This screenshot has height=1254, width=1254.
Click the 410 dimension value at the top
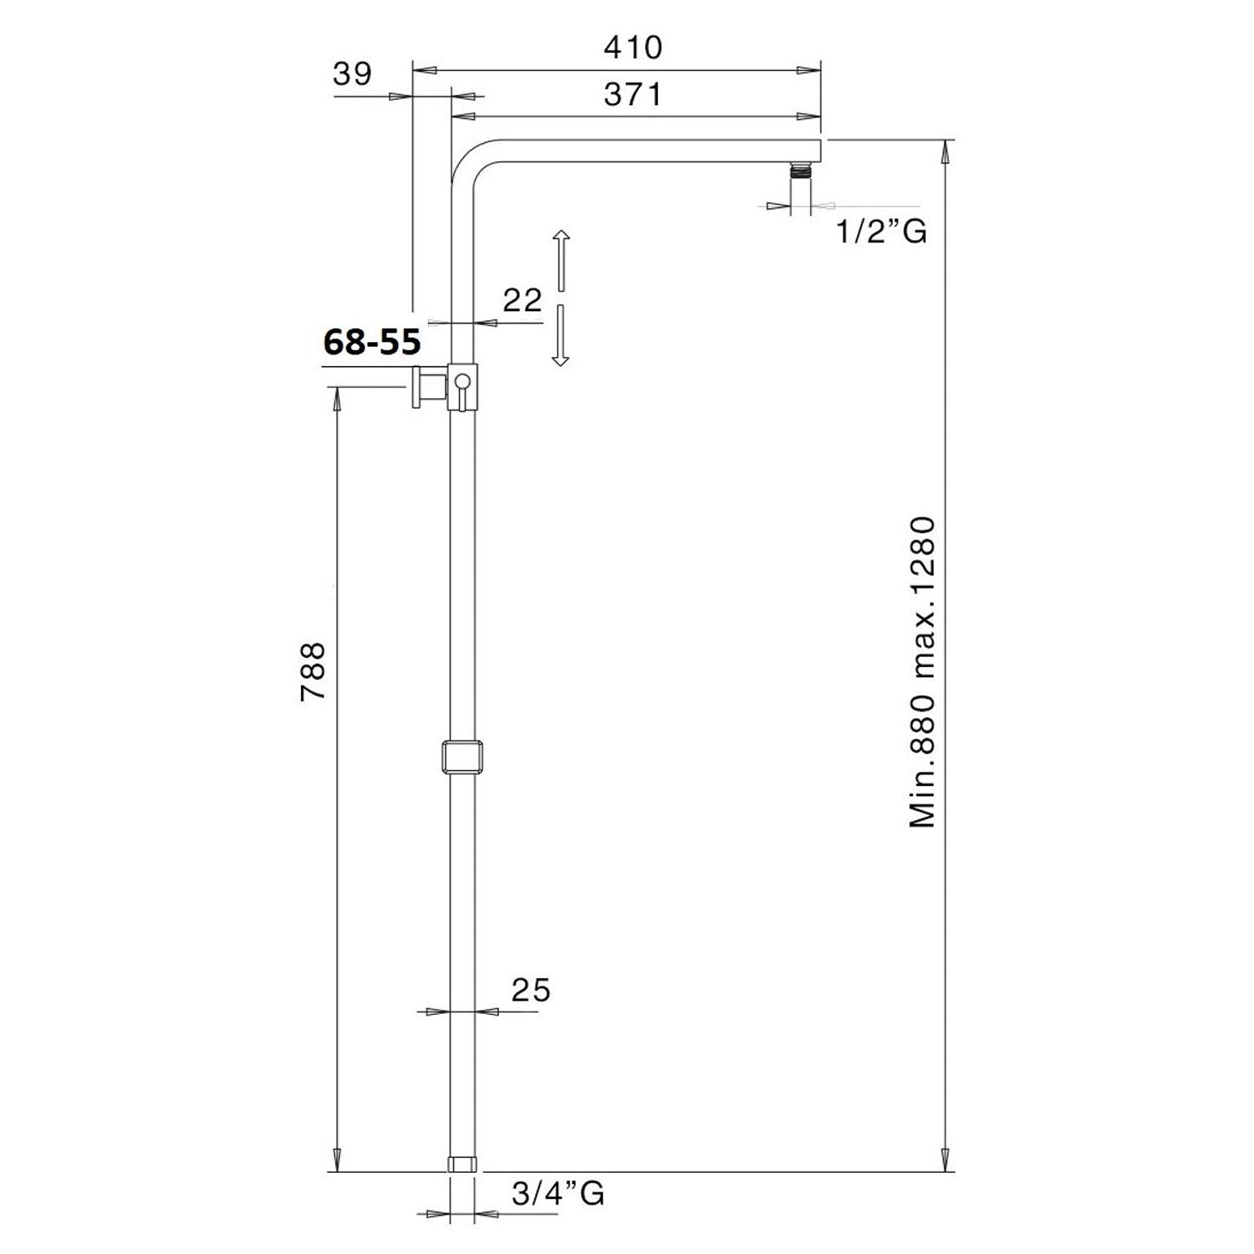[633, 48]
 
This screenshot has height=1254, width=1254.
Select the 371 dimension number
[633, 94]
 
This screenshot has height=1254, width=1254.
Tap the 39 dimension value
[352, 74]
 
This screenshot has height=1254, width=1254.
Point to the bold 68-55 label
[371, 341]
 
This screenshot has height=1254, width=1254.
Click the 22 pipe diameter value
[522, 300]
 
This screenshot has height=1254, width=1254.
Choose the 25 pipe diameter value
[531, 990]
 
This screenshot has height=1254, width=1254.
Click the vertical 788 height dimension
[313, 671]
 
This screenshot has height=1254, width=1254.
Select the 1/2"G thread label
[882, 230]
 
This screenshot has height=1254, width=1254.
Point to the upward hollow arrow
[560, 260]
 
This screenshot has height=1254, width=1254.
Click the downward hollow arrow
[560, 335]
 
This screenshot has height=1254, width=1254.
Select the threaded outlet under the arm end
[803, 171]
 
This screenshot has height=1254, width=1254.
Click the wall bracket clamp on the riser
[463, 387]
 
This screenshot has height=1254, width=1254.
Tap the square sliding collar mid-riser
[462, 757]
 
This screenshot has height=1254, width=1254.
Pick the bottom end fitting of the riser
[462, 1163]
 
